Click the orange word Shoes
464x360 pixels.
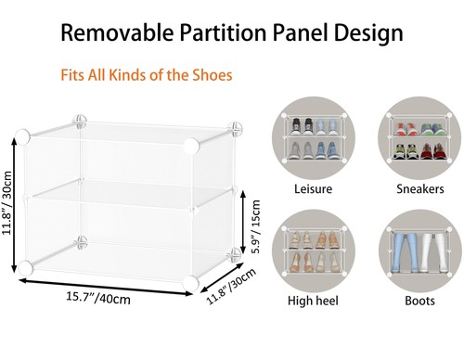(x=210, y=74)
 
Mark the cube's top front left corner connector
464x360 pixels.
(x=22, y=135)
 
